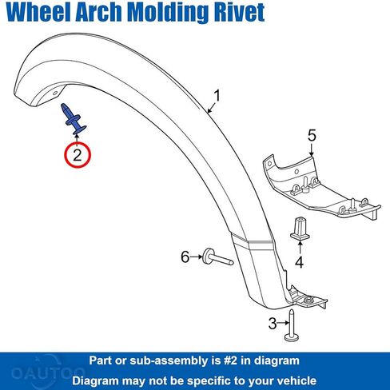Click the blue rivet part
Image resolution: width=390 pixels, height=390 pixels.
(x=73, y=119)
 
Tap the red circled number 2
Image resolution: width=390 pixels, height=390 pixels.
(x=78, y=155)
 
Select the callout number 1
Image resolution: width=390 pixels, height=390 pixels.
(x=217, y=96)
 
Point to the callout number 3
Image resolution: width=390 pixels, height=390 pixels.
(x=273, y=324)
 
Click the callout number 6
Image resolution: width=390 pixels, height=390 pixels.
(x=185, y=257)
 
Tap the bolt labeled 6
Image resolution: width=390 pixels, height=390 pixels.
(x=217, y=257)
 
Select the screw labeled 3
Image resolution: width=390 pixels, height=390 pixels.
(x=292, y=325)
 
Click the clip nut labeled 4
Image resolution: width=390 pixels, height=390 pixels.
(x=300, y=229)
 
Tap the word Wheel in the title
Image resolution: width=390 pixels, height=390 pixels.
(x=40, y=12)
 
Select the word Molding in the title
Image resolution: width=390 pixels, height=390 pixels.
(x=168, y=14)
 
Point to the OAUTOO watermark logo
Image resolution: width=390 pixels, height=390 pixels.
(x=48, y=372)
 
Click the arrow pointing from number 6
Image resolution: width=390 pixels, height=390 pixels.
(x=197, y=257)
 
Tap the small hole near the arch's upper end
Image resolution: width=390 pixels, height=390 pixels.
(x=55, y=93)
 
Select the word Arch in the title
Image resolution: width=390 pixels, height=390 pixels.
(x=98, y=12)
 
